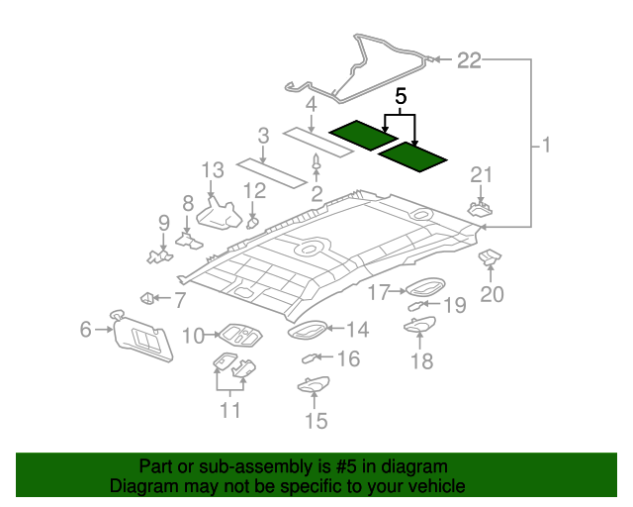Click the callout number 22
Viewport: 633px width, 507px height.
[x=468, y=61]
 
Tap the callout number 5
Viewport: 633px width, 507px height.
[x=401, y=97]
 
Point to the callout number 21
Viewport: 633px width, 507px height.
[x=482, y=175]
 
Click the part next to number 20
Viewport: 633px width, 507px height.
[x=490, y=259]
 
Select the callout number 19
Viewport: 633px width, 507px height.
[x=453, y=306]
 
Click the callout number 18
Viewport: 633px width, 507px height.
[x=422, y=361]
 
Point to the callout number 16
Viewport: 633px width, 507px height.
[x=348, y=357]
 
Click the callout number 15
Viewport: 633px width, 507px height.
[x=315, y=422]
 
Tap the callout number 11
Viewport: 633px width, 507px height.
[x=230, y=408]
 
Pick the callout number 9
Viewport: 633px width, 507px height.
[x=164, y=222]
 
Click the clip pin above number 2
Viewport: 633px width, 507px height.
[x=316, y=163]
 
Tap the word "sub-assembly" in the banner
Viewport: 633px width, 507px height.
[x=222, y=466]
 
